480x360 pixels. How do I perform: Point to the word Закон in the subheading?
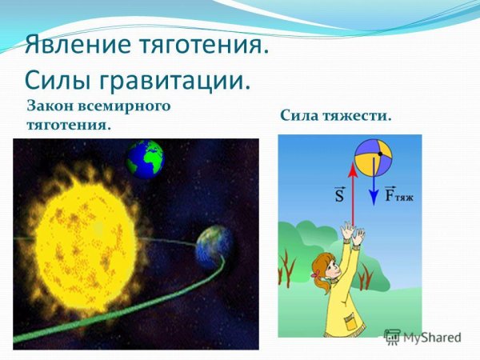pos(50,105)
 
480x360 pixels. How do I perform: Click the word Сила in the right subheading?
pos(299,116)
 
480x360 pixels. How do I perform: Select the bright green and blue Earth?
pos(144,158)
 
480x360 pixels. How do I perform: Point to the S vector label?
pos(338,195)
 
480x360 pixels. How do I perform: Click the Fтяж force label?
pos(397,194)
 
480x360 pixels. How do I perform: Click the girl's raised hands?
pos(353,234)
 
